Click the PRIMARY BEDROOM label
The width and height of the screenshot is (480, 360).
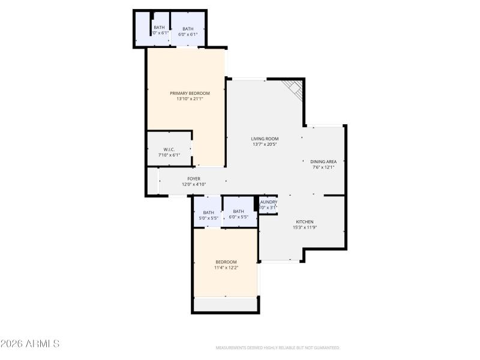point(190,93)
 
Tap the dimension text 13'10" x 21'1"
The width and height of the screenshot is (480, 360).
point(190,99)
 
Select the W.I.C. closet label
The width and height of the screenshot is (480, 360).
point(169,149)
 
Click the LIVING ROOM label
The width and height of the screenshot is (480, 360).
point(265,139)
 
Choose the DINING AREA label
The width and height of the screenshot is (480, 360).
point(323,161)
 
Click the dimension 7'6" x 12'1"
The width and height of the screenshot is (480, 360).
point(323,167)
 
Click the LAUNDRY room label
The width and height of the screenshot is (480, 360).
point(268,202)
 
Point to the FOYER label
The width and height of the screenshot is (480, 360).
point(194,179)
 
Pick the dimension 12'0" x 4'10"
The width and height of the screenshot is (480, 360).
point(194,185)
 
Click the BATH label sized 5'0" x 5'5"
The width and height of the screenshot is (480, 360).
point(208,212)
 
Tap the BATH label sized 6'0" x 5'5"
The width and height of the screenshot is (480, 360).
point(238,211)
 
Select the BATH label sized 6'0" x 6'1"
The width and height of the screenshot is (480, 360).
point(188,29)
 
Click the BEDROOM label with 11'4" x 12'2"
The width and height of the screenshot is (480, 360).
point(226,262)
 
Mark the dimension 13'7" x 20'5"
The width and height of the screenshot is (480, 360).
point(265,145)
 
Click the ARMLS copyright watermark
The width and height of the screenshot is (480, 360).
point(30,344)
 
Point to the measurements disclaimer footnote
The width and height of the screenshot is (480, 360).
point(277,348)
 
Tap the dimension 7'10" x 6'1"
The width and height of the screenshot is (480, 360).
point(169,155)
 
